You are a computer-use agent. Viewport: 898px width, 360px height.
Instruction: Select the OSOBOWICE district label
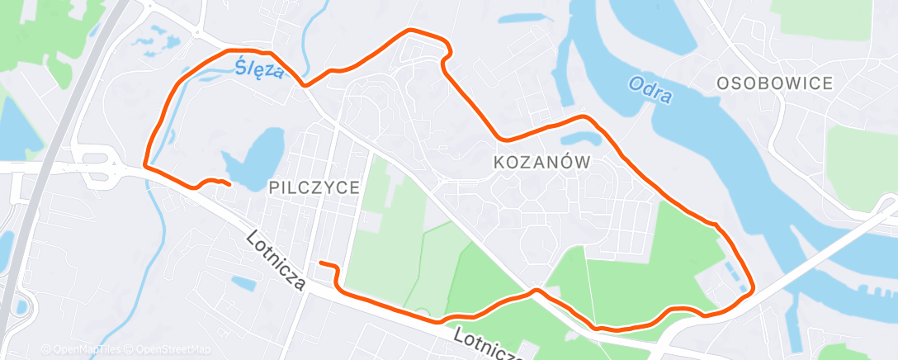point(774,83)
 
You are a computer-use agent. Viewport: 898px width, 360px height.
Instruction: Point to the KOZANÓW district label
point(542,163)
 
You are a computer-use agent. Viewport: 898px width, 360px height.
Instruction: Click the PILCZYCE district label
point(314,188)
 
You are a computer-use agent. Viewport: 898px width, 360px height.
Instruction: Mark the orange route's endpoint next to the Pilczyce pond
point(229,184)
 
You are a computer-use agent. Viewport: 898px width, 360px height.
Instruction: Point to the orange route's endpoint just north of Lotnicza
point(321,263)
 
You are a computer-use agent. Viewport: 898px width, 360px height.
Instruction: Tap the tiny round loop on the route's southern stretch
point(422,315)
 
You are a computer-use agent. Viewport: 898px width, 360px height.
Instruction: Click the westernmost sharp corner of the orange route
point(146,164)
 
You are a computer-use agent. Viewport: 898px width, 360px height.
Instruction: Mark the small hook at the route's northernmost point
point(447,53)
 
